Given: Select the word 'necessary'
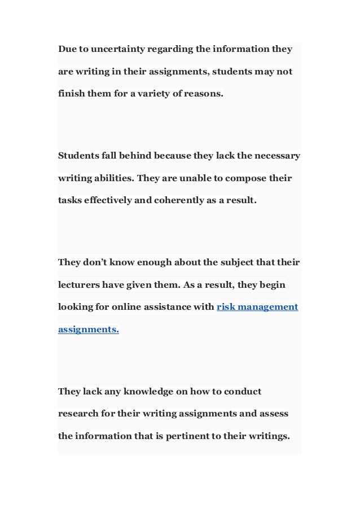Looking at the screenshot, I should tap(276, 156).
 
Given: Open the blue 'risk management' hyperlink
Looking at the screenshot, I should tap(257, 308).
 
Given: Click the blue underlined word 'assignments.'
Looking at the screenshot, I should tap(89, 330).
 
